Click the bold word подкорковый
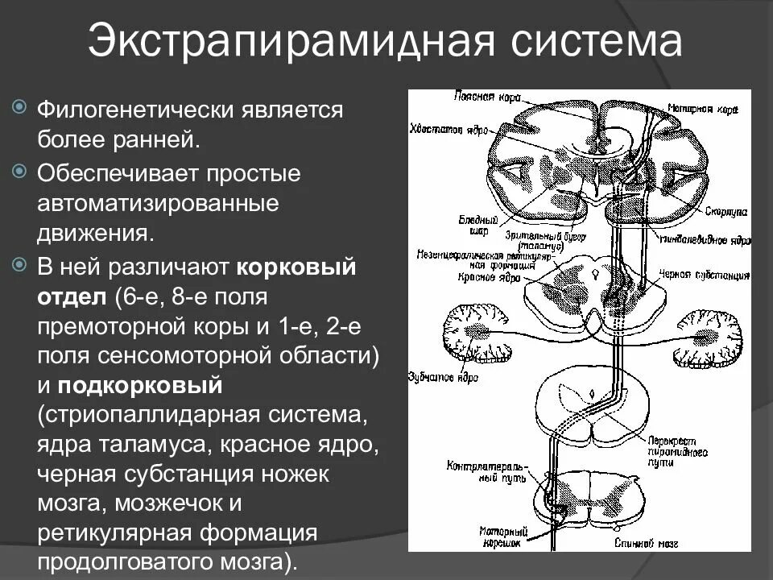[139, 385]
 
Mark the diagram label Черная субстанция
[709, 275]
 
